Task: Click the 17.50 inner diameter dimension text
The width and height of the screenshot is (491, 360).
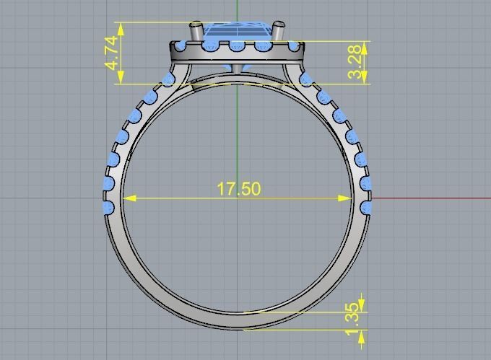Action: point(238,189)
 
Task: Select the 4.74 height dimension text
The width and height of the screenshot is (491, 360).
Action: point(112,53)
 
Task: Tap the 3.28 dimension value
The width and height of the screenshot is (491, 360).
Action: point(355,63)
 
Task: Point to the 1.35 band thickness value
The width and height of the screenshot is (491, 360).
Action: point(352,320)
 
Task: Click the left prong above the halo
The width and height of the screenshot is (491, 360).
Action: point(195,32)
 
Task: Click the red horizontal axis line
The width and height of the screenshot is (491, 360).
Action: point(433,198)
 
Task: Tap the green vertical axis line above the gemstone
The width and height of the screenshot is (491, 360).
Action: point(237,10)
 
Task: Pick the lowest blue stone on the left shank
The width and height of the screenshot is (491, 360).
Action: point(109,208)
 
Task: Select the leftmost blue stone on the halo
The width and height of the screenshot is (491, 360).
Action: point(178,47)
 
